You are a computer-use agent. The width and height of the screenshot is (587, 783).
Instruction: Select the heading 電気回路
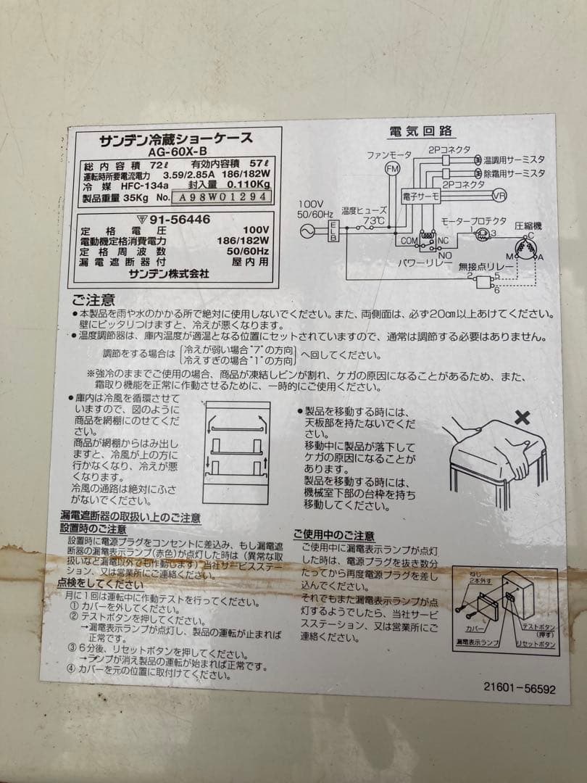[x=421, y=131]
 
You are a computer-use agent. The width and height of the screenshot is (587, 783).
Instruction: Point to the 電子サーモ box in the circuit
[x=422, y=196]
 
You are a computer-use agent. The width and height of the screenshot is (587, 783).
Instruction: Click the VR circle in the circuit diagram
[x=499, y=196]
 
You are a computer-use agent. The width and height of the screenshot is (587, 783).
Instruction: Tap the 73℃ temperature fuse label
[x=374, y=220]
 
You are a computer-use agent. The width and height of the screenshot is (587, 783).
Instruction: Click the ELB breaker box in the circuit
[x=333, y=231]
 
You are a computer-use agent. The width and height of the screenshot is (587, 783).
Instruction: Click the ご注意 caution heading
[x=93, y=299]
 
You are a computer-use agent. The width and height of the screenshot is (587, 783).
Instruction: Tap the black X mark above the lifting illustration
[x=522, y=418]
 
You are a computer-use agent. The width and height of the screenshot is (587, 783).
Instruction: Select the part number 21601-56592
[x=520, y=689]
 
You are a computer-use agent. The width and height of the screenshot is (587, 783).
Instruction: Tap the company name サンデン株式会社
[x=169, y=273]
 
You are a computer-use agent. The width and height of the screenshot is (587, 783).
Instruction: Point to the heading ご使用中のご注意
[x=334, y=536]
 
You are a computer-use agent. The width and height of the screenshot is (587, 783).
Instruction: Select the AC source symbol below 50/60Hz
[x=304, y=231]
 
